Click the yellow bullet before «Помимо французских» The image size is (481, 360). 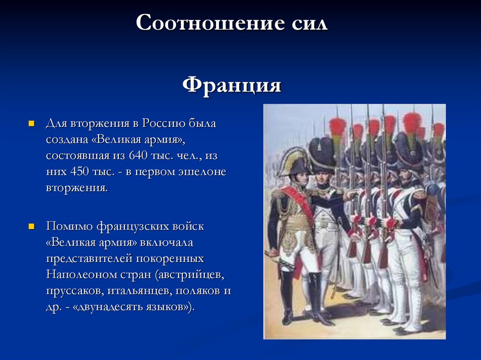(x=31, y=227)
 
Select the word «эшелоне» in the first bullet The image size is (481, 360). (x=202, y=171)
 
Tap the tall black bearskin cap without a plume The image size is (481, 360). (x=322, y=154)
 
